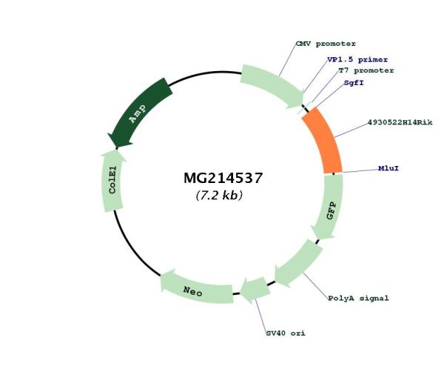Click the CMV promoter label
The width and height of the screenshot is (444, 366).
pos(326,44)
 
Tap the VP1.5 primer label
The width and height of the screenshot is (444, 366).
pos(357,59)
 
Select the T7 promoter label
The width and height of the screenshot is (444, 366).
pos(366,70)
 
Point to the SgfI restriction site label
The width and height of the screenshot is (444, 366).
pos(354,83)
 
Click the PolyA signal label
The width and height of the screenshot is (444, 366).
pos(358,298)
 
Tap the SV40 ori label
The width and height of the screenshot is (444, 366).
pos(286,333)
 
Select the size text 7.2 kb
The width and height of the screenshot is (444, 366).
pos(219,196)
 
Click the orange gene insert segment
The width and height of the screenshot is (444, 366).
pos(323,141)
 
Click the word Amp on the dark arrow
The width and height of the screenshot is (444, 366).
pos(138,113)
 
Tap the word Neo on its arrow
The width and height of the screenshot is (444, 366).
pos(194,289)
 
